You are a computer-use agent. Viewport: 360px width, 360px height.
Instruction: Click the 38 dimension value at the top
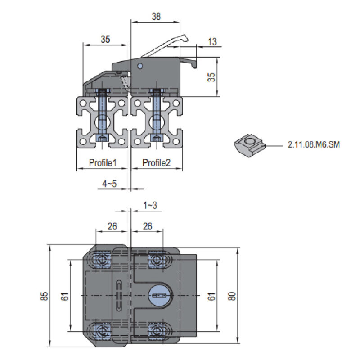[x=156, y=17]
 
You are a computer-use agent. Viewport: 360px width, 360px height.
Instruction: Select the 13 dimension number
[x=212, y=42]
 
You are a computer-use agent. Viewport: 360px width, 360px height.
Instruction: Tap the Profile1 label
[x=103, y=163]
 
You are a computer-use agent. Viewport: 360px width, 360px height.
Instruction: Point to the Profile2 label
[x=156, y=163]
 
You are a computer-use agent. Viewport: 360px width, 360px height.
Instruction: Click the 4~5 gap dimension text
[x=109, y=184]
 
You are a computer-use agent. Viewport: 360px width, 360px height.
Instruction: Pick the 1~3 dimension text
[x=150, y=205]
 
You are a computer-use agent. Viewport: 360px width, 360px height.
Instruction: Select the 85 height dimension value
[x=44, y=296]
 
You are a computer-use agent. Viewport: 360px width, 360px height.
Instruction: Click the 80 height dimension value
[x=232, y=296]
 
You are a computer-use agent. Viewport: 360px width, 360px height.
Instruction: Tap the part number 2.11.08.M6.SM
[x=314, y=144]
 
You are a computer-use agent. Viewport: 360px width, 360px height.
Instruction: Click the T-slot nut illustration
[x=250, y=145]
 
